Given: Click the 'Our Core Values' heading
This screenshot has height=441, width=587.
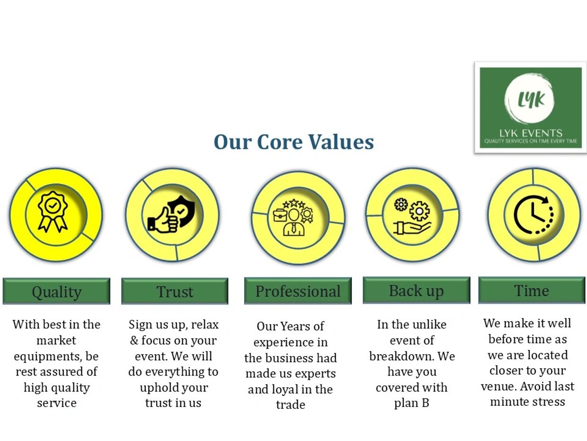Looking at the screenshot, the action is tap(293, 142).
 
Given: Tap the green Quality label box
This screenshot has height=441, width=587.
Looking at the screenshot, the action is tap(56, 291).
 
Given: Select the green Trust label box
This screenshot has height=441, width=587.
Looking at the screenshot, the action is tap(175, 291).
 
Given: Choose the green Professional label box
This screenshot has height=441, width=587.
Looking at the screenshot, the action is tap(298, 291).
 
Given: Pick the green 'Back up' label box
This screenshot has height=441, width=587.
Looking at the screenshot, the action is tap(417, 290).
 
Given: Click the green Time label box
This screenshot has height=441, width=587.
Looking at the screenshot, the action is tap(532, 290).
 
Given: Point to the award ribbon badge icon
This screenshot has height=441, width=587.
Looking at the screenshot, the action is tap(53, 211).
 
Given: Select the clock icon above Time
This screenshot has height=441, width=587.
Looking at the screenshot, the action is tap(533, 215).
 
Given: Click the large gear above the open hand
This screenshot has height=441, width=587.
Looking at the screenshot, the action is tap(419, 211).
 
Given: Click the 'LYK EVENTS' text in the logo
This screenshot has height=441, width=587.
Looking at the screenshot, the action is tap(531, 133).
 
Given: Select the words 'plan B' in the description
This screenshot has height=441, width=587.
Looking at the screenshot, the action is tap(411, 403).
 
